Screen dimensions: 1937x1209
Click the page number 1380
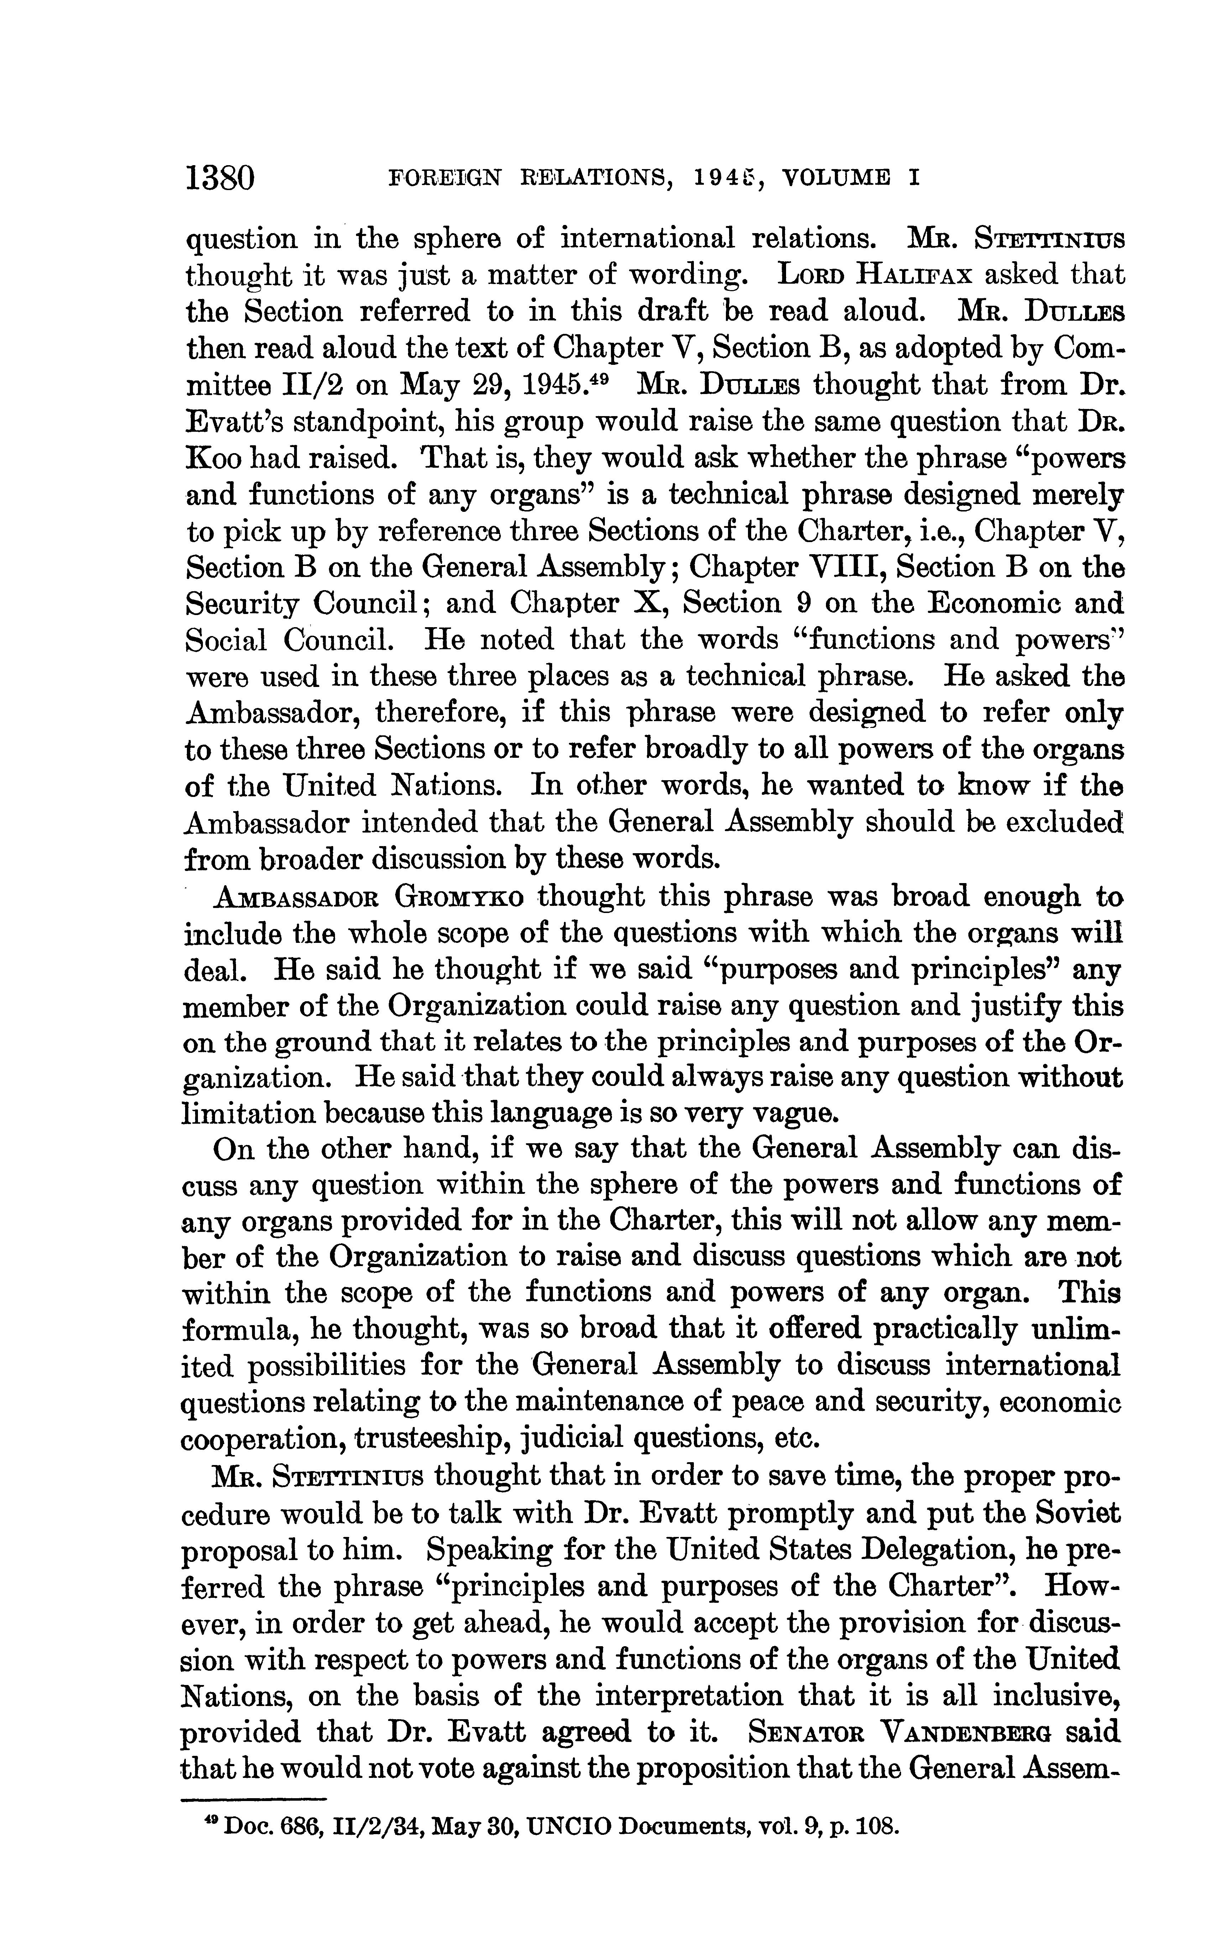(220, 176)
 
